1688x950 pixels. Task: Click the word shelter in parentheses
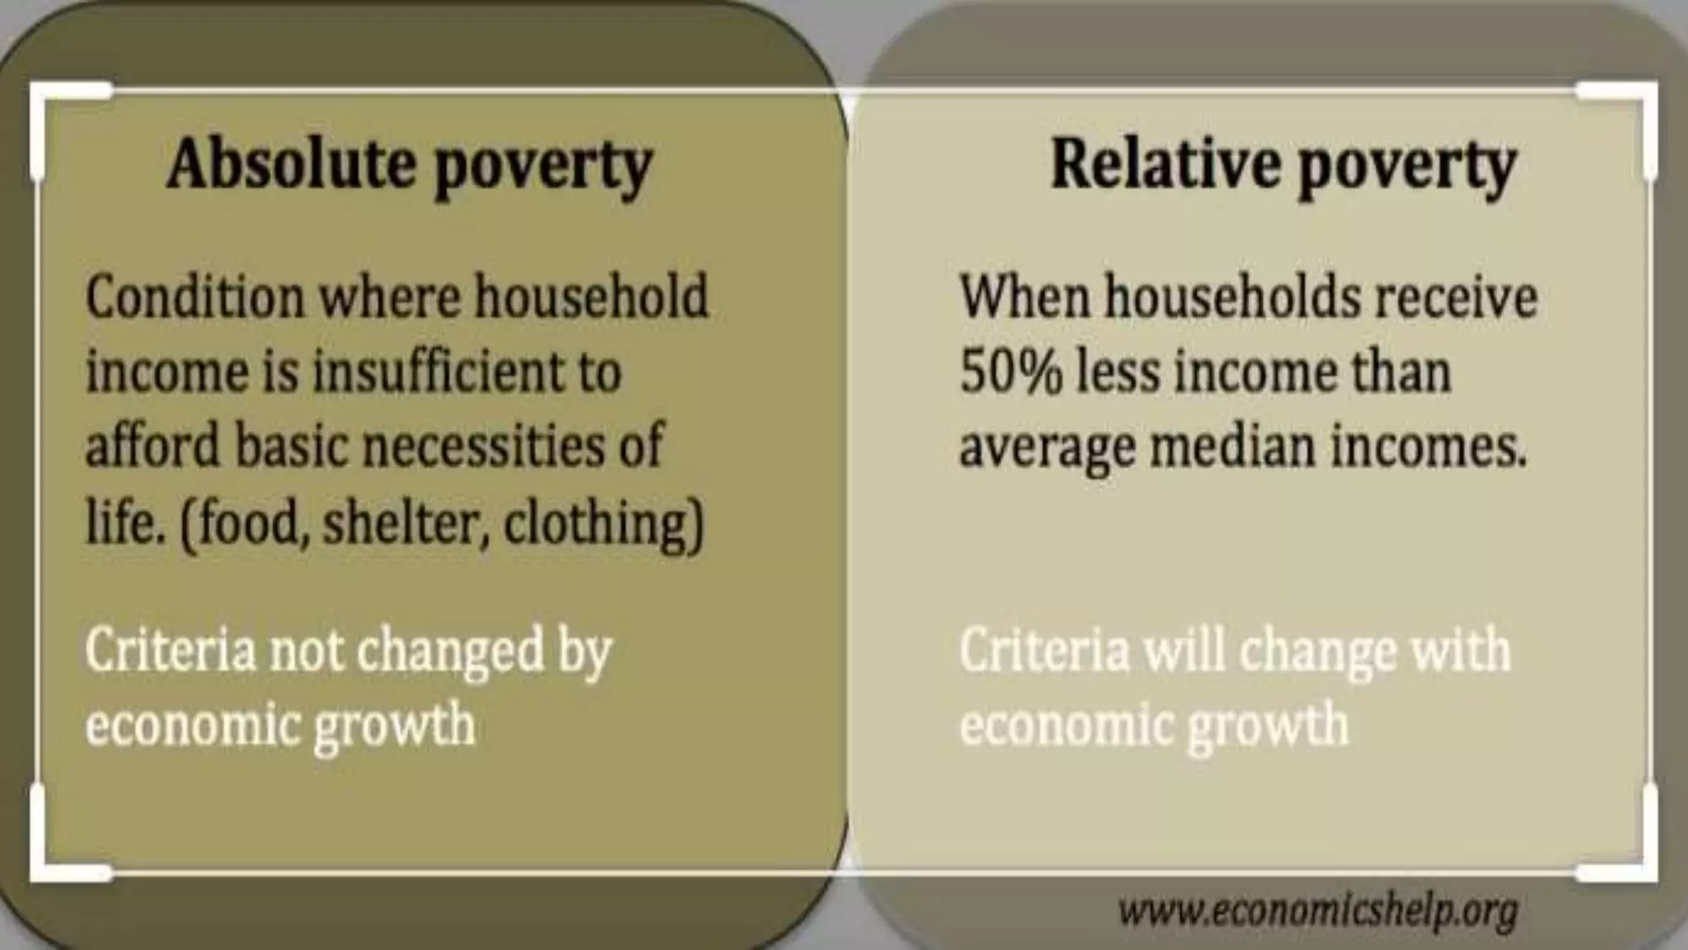pos(400,522)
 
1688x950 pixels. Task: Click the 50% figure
pos(1010,371)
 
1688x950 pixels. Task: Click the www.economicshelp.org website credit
pos(1317,910)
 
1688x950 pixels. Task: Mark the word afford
pos(153,446)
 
